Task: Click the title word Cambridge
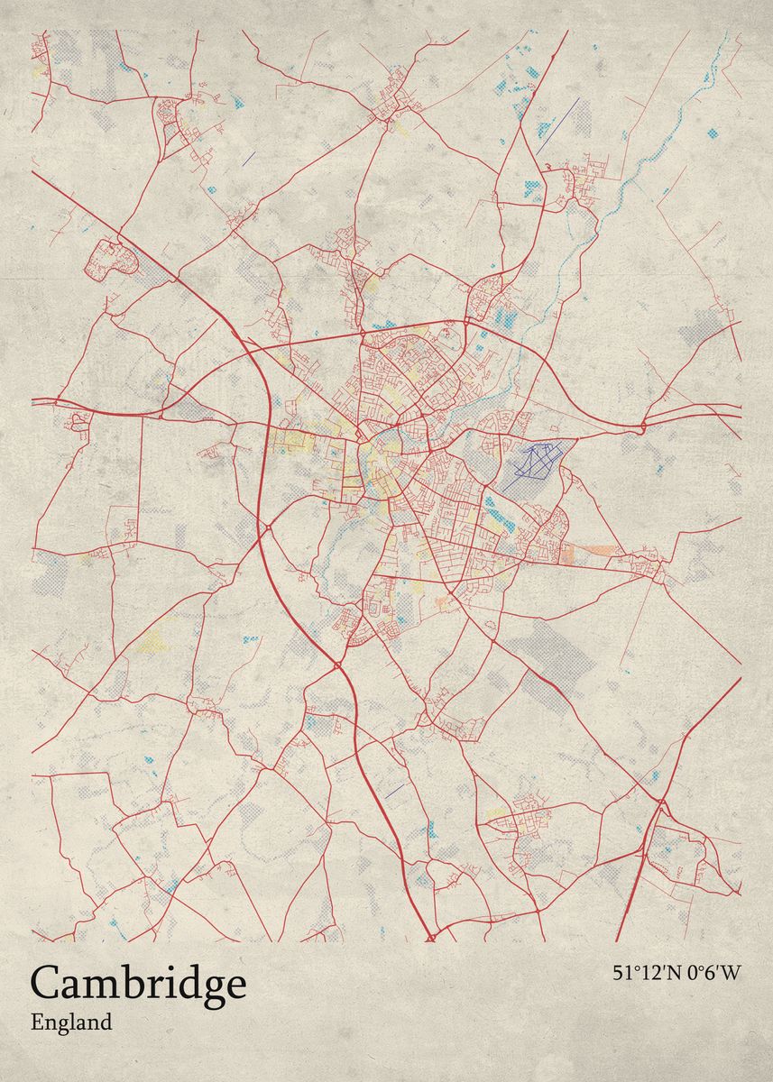click(138, 985)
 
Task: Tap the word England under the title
click(71, 1022)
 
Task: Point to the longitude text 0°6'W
click(713, 973)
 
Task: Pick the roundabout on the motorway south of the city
click(337, 665)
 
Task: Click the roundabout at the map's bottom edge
click(430, 939)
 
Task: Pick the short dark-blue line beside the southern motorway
click(394, 790)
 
